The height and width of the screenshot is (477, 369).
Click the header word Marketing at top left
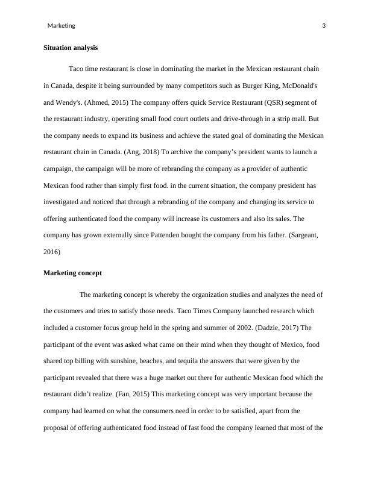click(61, 26)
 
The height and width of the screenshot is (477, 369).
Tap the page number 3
click(324, 26)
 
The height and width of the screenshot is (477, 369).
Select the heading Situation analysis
click(71, 48)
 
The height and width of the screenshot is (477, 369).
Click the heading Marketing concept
click(73, 273)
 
